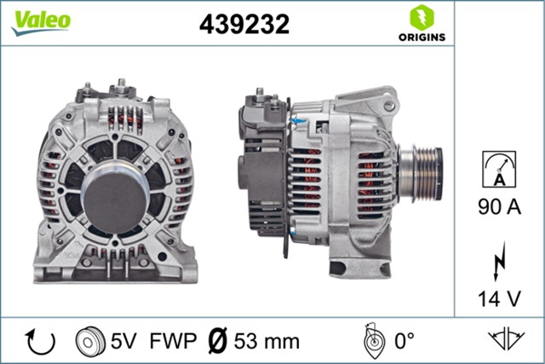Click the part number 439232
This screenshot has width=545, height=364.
245,24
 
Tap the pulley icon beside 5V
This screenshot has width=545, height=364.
89,342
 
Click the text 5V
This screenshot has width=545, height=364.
123,342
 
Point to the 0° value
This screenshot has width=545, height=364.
403,342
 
